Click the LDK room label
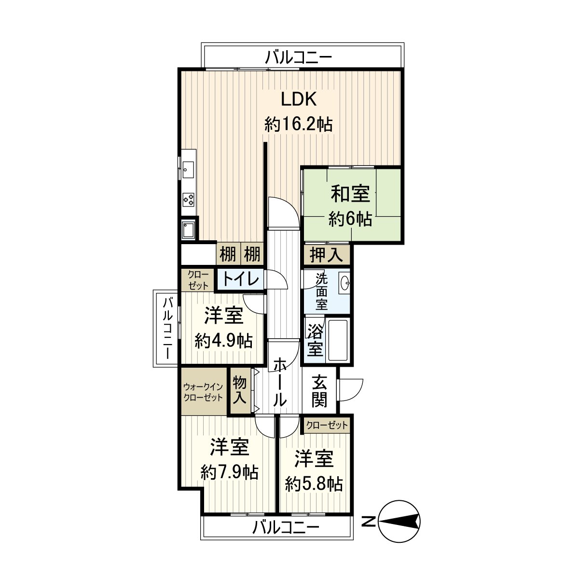point(299,99)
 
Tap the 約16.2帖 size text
point(298,124)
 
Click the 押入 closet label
point(326,255)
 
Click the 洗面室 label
point(321,292)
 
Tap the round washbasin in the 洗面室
point(345,283)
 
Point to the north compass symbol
point(399,521)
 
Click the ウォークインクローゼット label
point(203,392)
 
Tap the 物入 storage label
point(240,390)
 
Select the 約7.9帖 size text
point(229,472)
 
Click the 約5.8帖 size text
point(314,483)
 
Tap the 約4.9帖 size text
point(223,341)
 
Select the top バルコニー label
point(299,58)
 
